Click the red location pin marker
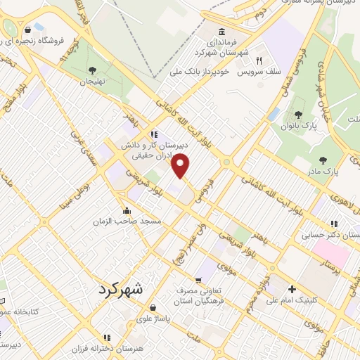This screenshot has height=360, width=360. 181,165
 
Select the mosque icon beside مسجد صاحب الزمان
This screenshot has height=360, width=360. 127,210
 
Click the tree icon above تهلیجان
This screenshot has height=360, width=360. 92,70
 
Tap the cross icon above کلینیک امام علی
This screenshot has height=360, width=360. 291,288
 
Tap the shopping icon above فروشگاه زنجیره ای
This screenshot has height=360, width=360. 27,30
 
